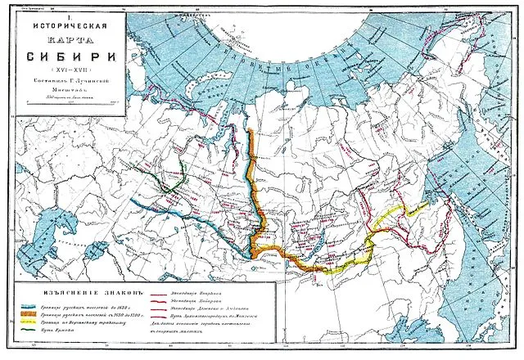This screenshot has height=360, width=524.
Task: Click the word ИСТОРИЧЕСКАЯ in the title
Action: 67,24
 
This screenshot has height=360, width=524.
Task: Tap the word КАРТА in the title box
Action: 67,40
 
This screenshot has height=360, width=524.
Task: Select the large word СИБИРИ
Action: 67,58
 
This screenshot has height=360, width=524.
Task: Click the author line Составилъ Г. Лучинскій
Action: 67,83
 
